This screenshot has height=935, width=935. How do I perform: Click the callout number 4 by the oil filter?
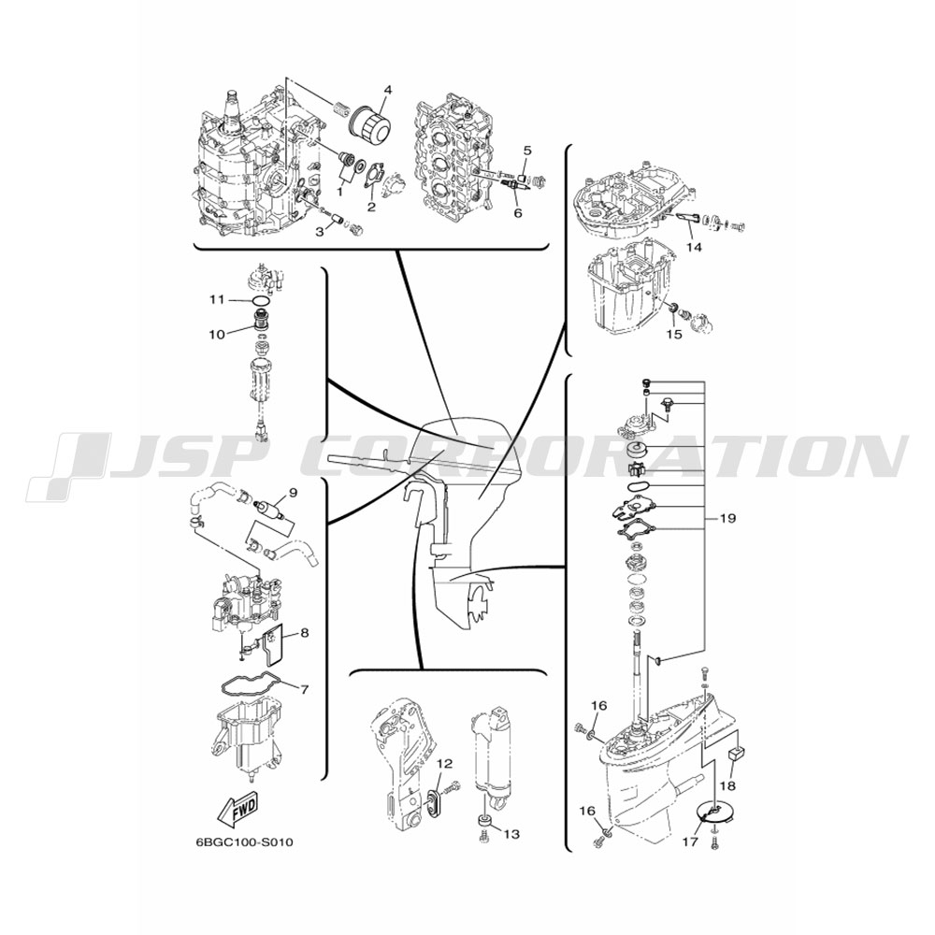(x=388, y=90)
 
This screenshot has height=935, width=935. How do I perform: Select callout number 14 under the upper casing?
(x=694, y=247)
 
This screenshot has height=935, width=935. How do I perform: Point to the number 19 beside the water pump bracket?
(x=727, y=518)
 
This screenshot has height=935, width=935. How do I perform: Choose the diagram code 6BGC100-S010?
(x=244, y=842)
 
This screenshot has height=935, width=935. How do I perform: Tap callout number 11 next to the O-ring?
(x=217, y=299)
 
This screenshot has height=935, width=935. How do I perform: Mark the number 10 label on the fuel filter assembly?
(x=217, y=334)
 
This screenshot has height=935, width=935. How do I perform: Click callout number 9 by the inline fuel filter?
(x=293, y=492)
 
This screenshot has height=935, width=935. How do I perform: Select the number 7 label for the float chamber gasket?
(x=304, y=689)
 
